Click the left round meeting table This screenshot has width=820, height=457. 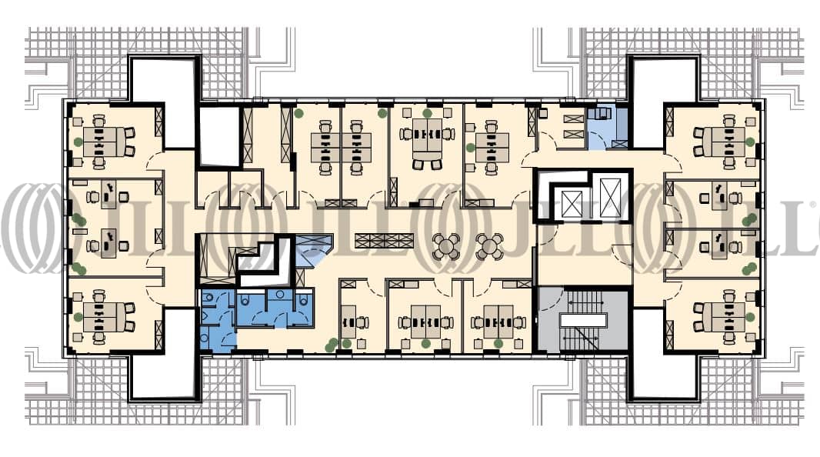pos(446,246)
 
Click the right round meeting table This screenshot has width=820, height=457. pos(489,246)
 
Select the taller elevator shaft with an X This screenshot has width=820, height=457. pos(610,197)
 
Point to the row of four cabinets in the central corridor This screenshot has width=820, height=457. pos(384,241)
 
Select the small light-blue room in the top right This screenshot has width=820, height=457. pos(607,128)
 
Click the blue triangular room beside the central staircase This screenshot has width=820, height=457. pos(313,249)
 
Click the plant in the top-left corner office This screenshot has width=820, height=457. pos(78,142)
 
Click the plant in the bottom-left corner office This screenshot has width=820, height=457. pos(78,317)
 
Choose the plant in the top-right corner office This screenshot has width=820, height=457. pos(750,142)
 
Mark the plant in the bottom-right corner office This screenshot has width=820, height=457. pos(750,317)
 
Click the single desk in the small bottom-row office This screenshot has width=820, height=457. pos(348,322)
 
